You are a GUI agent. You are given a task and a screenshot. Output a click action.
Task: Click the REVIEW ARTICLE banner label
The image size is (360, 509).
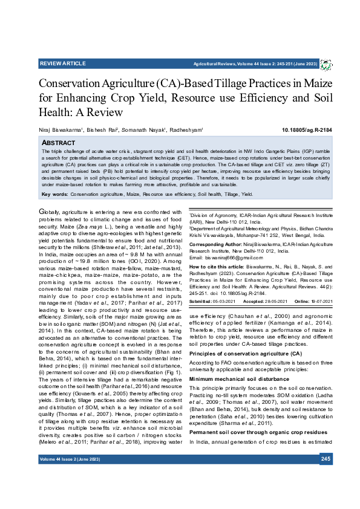62,63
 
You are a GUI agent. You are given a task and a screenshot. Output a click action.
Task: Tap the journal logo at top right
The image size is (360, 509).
326,63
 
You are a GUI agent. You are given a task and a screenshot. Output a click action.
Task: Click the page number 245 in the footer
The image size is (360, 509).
326,478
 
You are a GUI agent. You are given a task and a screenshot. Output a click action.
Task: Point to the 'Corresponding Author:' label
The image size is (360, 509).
213,244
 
